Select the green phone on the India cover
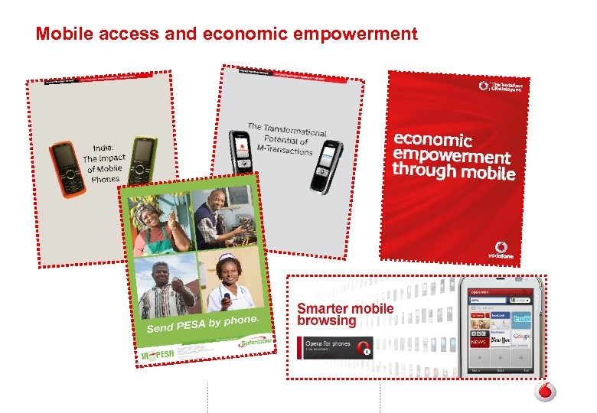pyautogui.click(x=142, y=161)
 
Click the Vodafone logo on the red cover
pyautogui.click(x=501, y=249)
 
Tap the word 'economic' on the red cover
pyautogui.click(x=432, y=140)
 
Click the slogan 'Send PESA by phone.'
pyautogui.click(x=203, y=321)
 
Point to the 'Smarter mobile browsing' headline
pyautogui.click(x=345, y=314)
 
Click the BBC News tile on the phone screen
pyautogui.click(x=478, y=338)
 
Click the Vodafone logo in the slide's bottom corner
pyautogui.click(x=544, y=392)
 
